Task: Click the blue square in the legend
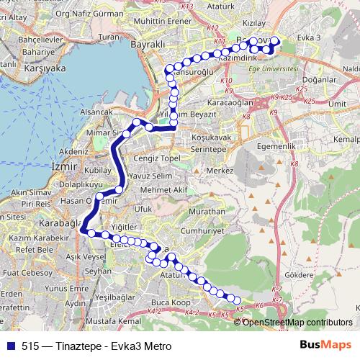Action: (10, 345)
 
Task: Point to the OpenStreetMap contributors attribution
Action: (297, 322)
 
